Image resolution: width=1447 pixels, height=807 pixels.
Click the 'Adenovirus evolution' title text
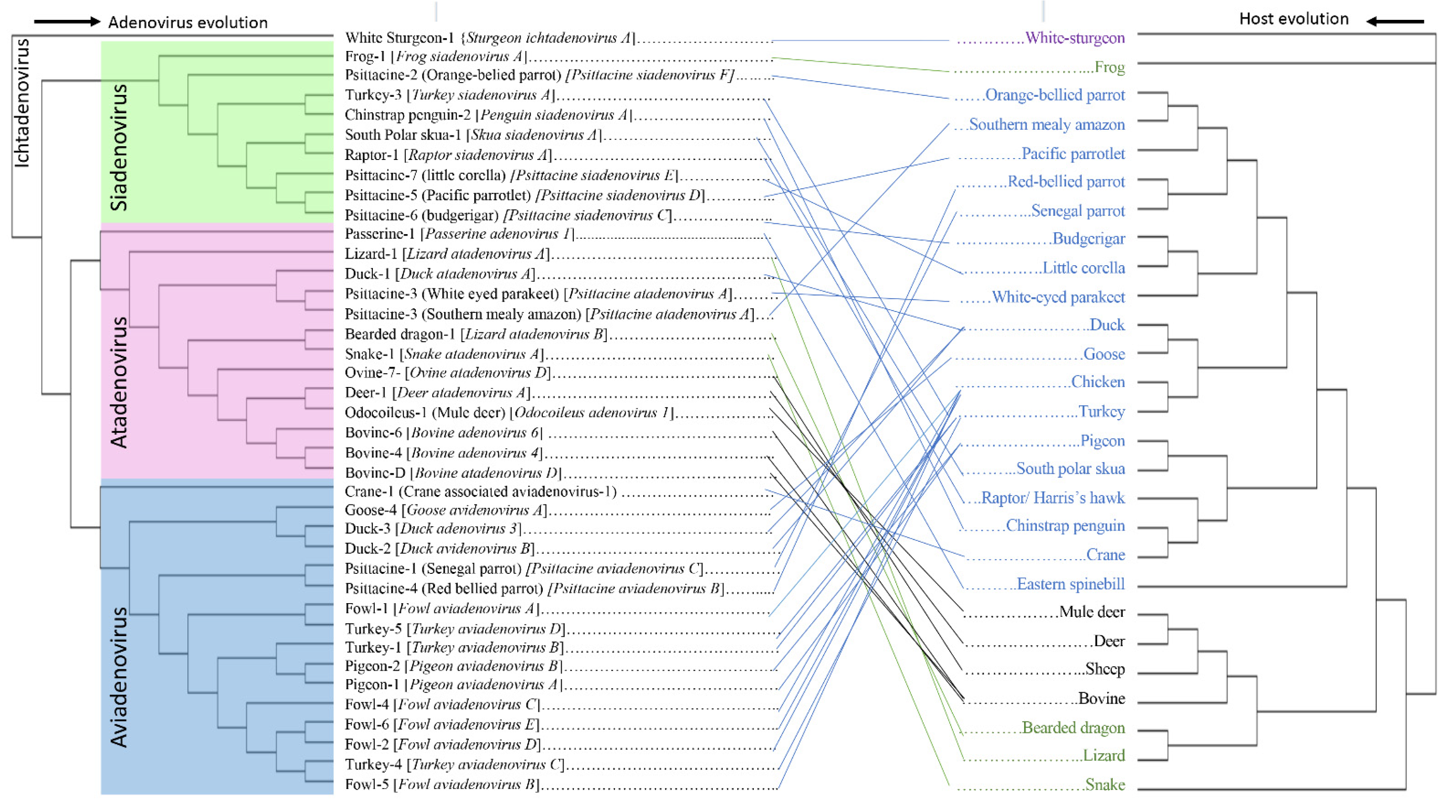click(x=188, y=23)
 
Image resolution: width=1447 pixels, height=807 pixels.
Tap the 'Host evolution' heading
click(x=1293, y=19)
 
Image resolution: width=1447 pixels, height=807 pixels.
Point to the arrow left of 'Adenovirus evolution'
click(x=66, y=22)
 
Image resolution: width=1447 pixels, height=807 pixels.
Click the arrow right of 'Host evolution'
click(x=1395, y=21)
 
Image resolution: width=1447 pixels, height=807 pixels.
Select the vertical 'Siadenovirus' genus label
click(x=118, y=148)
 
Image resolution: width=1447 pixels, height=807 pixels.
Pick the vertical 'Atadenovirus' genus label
click(x=118, y=382)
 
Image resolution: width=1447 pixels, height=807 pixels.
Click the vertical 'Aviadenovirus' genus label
click(x=118, y=677)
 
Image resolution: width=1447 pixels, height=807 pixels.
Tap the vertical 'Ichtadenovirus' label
click(x=22, y=103)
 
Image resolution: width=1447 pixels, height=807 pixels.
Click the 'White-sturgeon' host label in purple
click(x=1075, y=38)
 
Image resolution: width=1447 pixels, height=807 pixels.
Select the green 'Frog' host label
click(x=1110, y=67)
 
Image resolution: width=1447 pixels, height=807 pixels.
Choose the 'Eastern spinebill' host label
click(x=1071, y=584)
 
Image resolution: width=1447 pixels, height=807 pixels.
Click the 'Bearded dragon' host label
click(x=1073, y=728)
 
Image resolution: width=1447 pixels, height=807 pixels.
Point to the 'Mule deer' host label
click(x=1092, y=612)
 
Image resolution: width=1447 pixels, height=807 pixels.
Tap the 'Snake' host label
click(x=1104, y=784)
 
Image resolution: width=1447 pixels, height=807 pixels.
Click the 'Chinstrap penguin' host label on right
click(x=1065, y=526)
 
